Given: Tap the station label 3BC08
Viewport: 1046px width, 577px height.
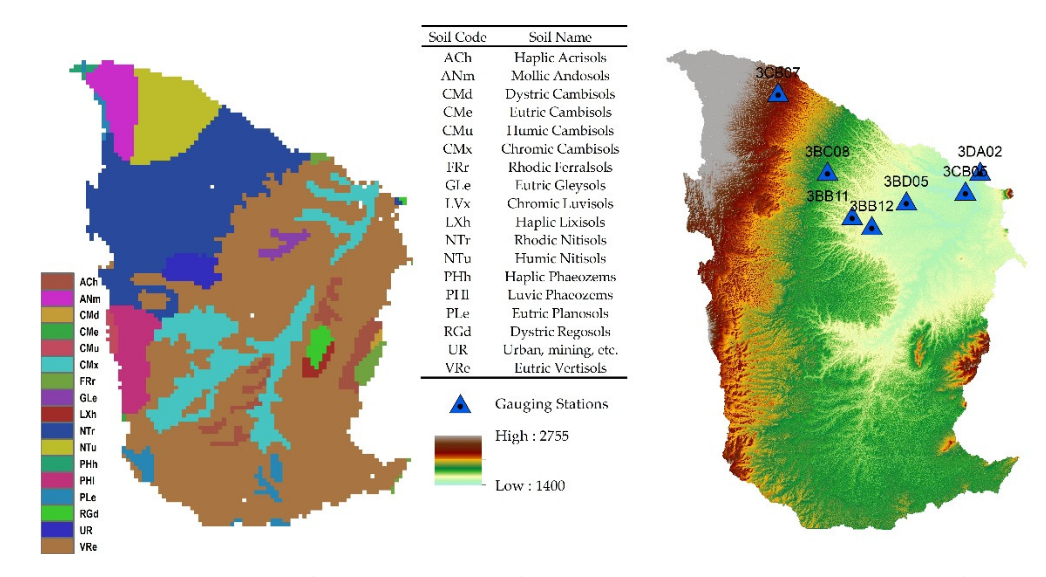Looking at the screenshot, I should click(827, 152).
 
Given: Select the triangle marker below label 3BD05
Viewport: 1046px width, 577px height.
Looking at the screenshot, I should click(906, 202).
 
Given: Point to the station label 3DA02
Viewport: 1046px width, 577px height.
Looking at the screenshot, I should click(980, 152).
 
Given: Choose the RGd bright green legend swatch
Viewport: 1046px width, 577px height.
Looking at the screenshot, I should click(57, 514).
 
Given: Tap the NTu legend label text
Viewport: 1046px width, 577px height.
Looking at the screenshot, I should click(88, 447).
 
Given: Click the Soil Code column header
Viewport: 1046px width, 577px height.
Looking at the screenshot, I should click(457, 37).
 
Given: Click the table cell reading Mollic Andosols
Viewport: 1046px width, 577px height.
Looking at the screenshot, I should click(560, 75).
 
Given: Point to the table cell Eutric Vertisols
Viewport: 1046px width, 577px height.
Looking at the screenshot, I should click(560, 368).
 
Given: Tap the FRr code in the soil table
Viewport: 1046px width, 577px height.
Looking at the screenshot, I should click(457, 167).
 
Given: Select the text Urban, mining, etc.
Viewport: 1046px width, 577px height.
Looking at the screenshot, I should click(560, 350).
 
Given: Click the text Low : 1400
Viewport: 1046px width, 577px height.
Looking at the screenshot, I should click(529, 486).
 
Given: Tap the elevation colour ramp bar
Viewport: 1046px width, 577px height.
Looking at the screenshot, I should click(458, 460).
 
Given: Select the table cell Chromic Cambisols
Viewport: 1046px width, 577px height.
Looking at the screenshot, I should click(560, 149).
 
